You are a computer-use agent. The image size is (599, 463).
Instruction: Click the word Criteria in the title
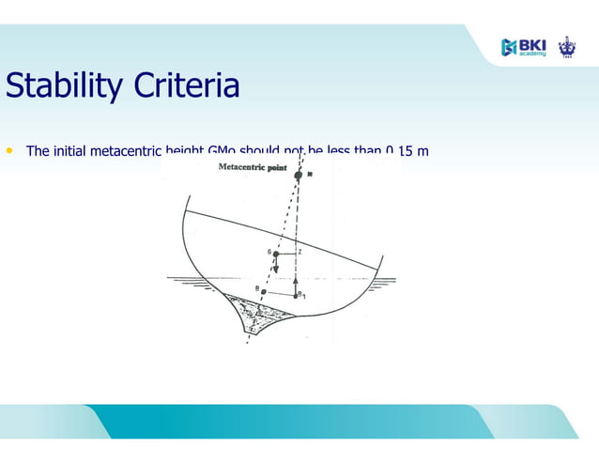pyautogui.click(x=186, y=86)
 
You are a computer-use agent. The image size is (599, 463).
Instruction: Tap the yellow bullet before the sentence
pyautogui.click(x=10, y=150)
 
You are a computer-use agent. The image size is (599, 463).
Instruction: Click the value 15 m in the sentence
pyautogui.click(x=414, y=151)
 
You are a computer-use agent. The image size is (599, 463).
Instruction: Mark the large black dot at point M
pyautogui.click(x=299, y=176)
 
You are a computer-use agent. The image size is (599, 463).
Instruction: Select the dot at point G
pyautogui.click(x=276, y=254)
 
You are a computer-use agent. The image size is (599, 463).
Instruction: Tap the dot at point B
pyautogui.click(x=264, y=292)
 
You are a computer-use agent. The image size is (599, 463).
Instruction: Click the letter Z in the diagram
pyautogui.click(x=299, y=252)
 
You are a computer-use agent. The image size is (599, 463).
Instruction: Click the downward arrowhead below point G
pyautogui.click(x=276, y=270)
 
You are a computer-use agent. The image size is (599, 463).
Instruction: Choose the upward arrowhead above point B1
pyautogui.click(x=296, y=278)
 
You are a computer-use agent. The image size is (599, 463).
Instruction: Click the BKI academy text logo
pyautogui.click(x=532, y=47)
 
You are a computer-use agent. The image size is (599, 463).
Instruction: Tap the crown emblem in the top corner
pyautogui.click(x=566, y=45)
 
